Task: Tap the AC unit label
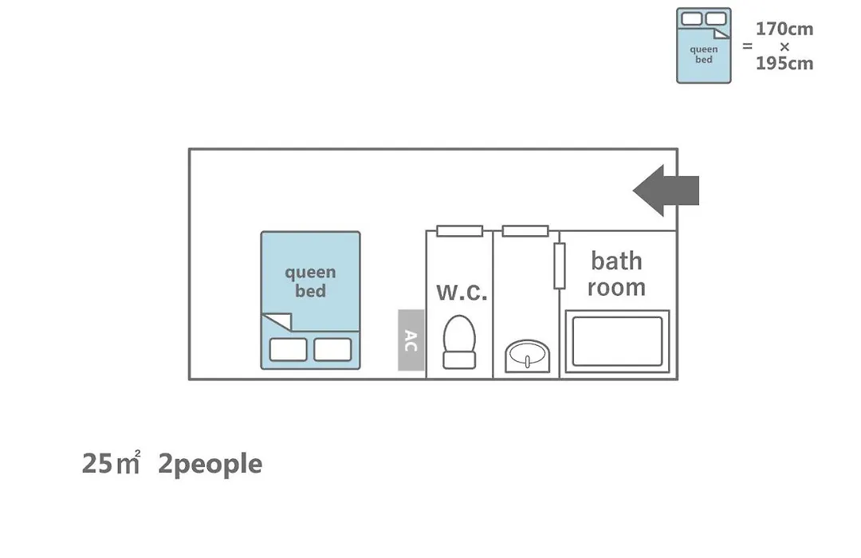(x=411, y=340)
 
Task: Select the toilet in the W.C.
(x=459, y=342)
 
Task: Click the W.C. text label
(x=462, y=293)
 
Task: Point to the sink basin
(x=527, y=353)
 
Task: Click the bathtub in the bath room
(x=617, y=342)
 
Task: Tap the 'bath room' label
(x=616, y=274)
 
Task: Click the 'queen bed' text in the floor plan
(x=310, y=281)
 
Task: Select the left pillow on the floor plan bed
(x=288, y=349)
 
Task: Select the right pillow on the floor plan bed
(x=332, y=349)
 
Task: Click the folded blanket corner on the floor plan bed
(x=278, y=321)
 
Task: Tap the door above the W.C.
(x=460, y=231)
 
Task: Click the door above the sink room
(x=525, y=231)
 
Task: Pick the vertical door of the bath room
(x=560, y=265)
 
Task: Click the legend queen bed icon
(x=704, y=45)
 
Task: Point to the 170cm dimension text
(x=784, y=29)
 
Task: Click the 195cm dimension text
(x=784, y=64)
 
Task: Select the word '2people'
(x=210, y=464)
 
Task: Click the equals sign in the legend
(x=747, y=46)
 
